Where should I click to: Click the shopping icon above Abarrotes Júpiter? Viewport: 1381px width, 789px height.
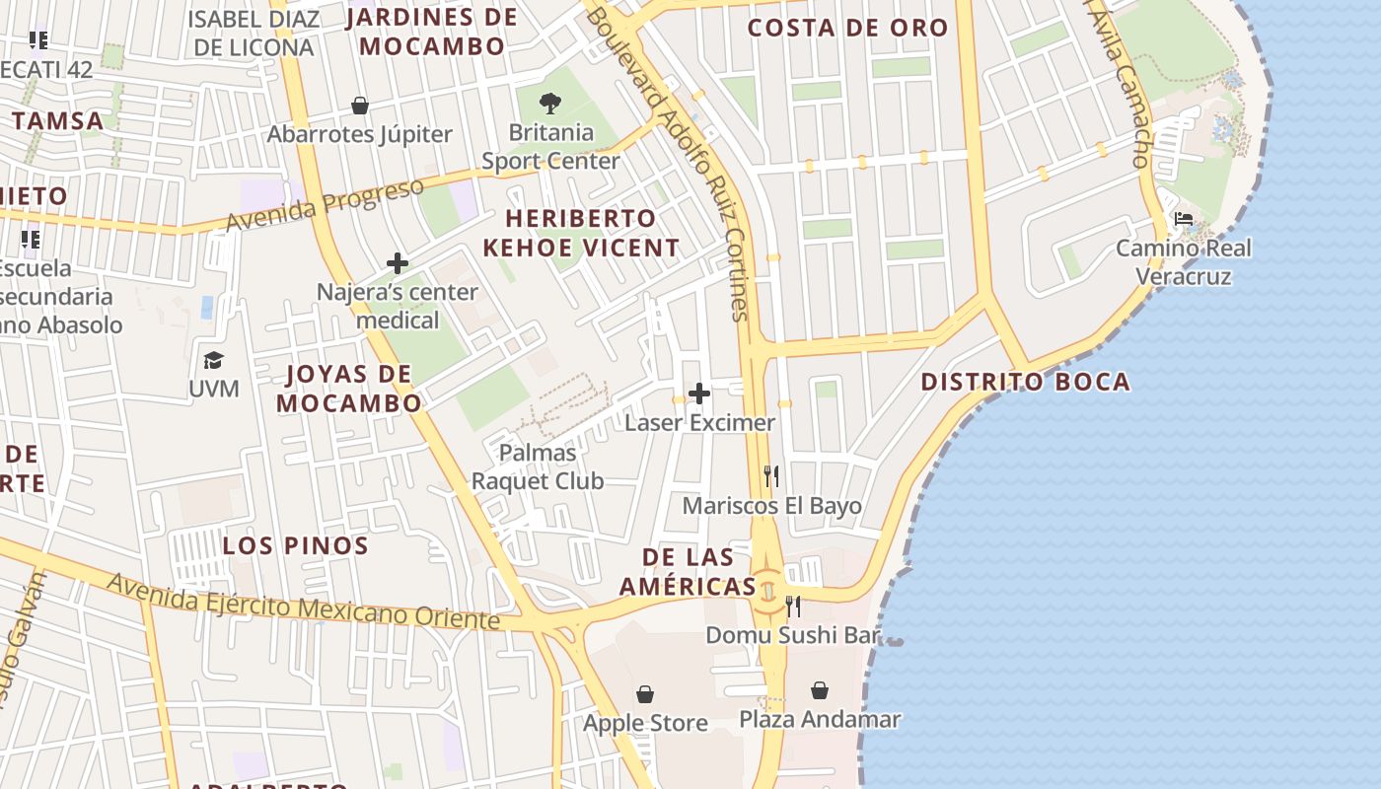pyautogui.click(x=360, y=106)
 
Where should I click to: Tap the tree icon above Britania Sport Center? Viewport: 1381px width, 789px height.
pyautogui.click(x=550, y=103)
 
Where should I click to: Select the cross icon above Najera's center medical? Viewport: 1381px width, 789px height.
pyautogui.click(x=398, y=263)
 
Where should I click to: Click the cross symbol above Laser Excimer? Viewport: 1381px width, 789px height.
pyautogui.click(x=699, y=394)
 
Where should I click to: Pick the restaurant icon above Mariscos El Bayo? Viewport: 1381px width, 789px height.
pyautogui.click(x=771, y=477)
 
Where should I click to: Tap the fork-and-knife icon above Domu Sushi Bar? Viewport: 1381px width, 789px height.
pyautogui.click(x=792, y=606)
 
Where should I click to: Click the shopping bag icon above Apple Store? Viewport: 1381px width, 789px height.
pyautogui.click(x=645, y=694)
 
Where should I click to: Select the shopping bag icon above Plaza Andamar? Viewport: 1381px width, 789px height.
pyautogui.click(x=820, y=690)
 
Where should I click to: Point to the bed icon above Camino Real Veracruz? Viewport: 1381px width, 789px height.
pyautogui.click(x=1184, y=219)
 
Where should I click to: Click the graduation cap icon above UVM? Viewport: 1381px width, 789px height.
pyautogui.click(x=213, y=360)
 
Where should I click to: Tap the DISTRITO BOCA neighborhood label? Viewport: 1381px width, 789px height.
pyautogui.click(x=1025, y=383)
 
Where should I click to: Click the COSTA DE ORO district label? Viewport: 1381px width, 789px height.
pyautogui.click(x=847, y=29)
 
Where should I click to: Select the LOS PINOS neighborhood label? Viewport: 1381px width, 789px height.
pyautogui.click(x=295, y=545)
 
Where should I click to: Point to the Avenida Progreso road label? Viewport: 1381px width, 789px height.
pyautogui.click(x=325, y=204)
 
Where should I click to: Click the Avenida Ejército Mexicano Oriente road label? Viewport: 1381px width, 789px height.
pyautogui.click(x=303, y=602)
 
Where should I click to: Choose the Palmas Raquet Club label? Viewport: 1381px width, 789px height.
pyautogui.click(x=538, y=466)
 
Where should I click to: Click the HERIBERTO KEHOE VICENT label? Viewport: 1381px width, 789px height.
pyautogui.click(x=581, y=233)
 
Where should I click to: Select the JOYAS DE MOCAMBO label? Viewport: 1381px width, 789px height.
pyautogui.click(x=348, y=389)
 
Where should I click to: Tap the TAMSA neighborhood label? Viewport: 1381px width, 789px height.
pyautogui.click(x=57, y=121)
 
